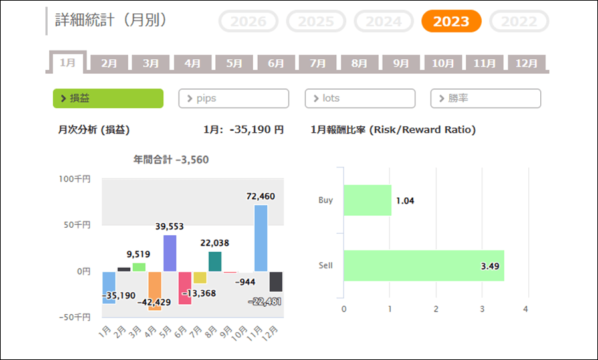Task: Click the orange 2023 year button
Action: [451, 21]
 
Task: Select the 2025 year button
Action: [316, 21]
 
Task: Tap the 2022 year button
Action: [519, 21]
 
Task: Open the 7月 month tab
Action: [318, 64]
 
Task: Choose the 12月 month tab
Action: [526, 64]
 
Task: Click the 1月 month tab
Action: [68, 63]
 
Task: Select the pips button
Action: [233, 98]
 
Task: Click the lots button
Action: [359, 98]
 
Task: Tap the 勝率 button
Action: [485, 98]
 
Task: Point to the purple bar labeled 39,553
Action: [169, 253]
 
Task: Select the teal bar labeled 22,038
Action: [215, 261]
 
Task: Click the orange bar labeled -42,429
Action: [155, 290]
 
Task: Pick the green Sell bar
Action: [423, 266]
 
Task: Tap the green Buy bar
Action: [367, 200]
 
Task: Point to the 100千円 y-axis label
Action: [74, 179]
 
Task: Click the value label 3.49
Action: [490, 266]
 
